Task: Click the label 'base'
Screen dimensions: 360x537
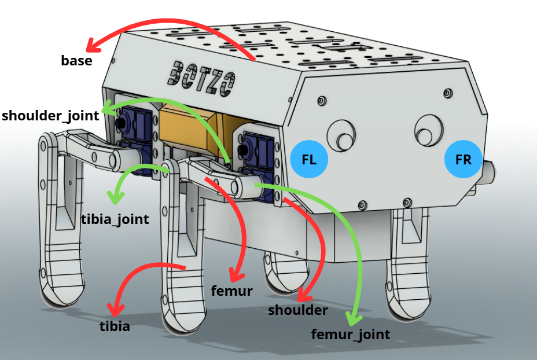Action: coord(76,60)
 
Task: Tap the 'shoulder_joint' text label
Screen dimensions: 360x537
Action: coord(50,115)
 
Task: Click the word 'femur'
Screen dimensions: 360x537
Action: coord(232,291)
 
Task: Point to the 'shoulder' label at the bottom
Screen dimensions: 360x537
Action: coord(298,310)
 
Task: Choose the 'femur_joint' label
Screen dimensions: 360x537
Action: coord(351,334)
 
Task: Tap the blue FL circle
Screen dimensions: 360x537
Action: coord(309,159)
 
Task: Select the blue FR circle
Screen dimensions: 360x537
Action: coord(464,159)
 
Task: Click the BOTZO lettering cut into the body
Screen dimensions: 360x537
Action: coord(203,77)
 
